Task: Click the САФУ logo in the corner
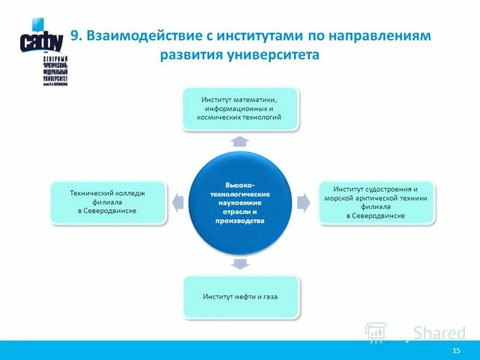pos(44,51)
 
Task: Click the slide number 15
pos(456,350)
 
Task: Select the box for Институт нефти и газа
pos(240,297)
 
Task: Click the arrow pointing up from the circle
pos(240,142)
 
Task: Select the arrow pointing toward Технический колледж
pos(178,202)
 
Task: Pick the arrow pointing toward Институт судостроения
pos(303,202)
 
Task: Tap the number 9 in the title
pos(75,36)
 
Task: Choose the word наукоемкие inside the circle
pos(240,203)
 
